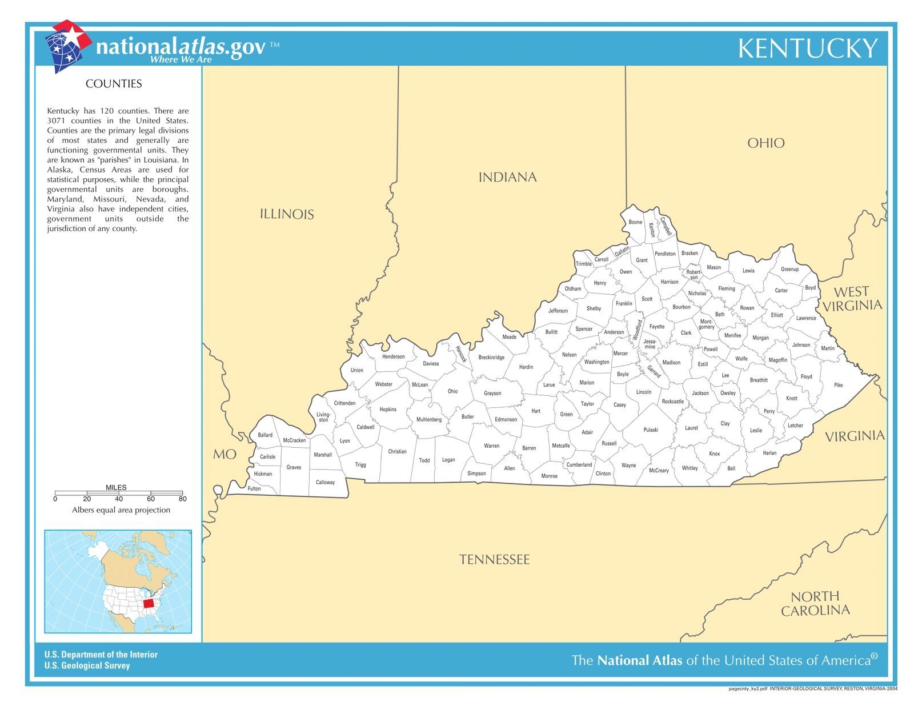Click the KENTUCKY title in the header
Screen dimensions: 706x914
[807, 49]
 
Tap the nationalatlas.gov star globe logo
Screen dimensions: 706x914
[67, 46]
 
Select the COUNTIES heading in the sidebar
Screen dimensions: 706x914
[114, 84]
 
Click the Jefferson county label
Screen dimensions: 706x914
[558, 311]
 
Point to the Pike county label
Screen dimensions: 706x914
[838, 385]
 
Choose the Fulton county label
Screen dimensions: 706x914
[254, 488]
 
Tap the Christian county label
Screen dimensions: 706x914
[397, 451]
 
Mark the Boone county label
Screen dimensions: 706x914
[635, 222]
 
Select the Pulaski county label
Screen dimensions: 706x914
[651, 430]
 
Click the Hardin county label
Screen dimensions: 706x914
[526, 367]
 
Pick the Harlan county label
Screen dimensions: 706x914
[769, 453]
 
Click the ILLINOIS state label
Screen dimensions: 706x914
[287, 214]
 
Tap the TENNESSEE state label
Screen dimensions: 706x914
[495, 559]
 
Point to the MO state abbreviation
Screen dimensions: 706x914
[225, 455]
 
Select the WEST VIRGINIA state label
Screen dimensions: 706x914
[852, 299]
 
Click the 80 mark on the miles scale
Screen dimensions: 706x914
[182, 499]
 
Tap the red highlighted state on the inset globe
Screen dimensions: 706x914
[149, 603]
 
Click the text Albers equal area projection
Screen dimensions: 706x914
[121, 510]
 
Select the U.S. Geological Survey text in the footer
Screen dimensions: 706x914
[87, 665]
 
